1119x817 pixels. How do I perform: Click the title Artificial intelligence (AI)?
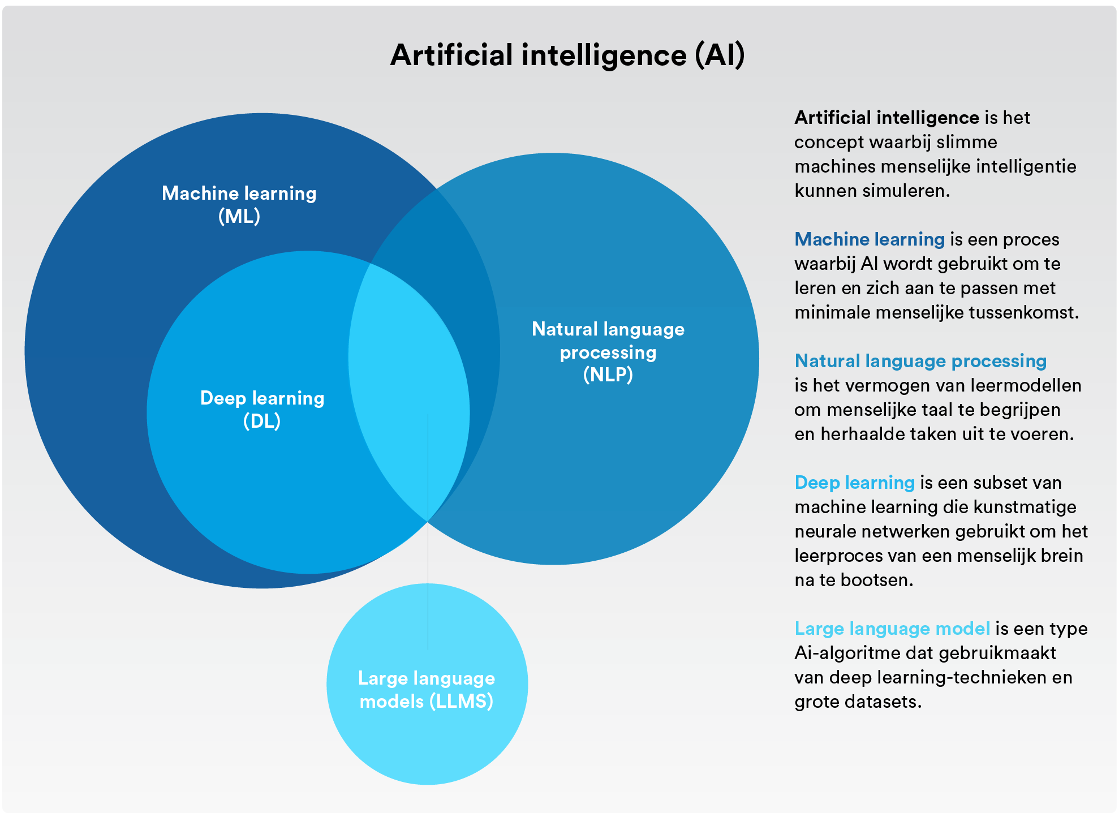[567, 55]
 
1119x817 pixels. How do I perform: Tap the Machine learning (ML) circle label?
[239, 204]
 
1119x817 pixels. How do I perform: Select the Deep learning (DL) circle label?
[262, 409]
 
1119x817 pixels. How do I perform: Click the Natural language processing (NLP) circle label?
[608, 351]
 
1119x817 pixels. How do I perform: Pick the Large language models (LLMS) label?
[427, 690]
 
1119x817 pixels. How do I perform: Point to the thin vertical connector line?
[428, 531]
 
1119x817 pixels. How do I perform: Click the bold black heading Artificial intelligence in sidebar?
[886, 118]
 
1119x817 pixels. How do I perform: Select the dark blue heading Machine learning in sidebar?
[870, 239]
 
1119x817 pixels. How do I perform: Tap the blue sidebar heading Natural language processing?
[920, 361]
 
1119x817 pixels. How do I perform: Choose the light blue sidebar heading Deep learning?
[854, 483]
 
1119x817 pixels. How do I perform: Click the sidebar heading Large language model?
[892, 629]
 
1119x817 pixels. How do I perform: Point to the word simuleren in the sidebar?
[906, 191]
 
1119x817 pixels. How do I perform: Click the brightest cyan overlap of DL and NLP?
[408, 390]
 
